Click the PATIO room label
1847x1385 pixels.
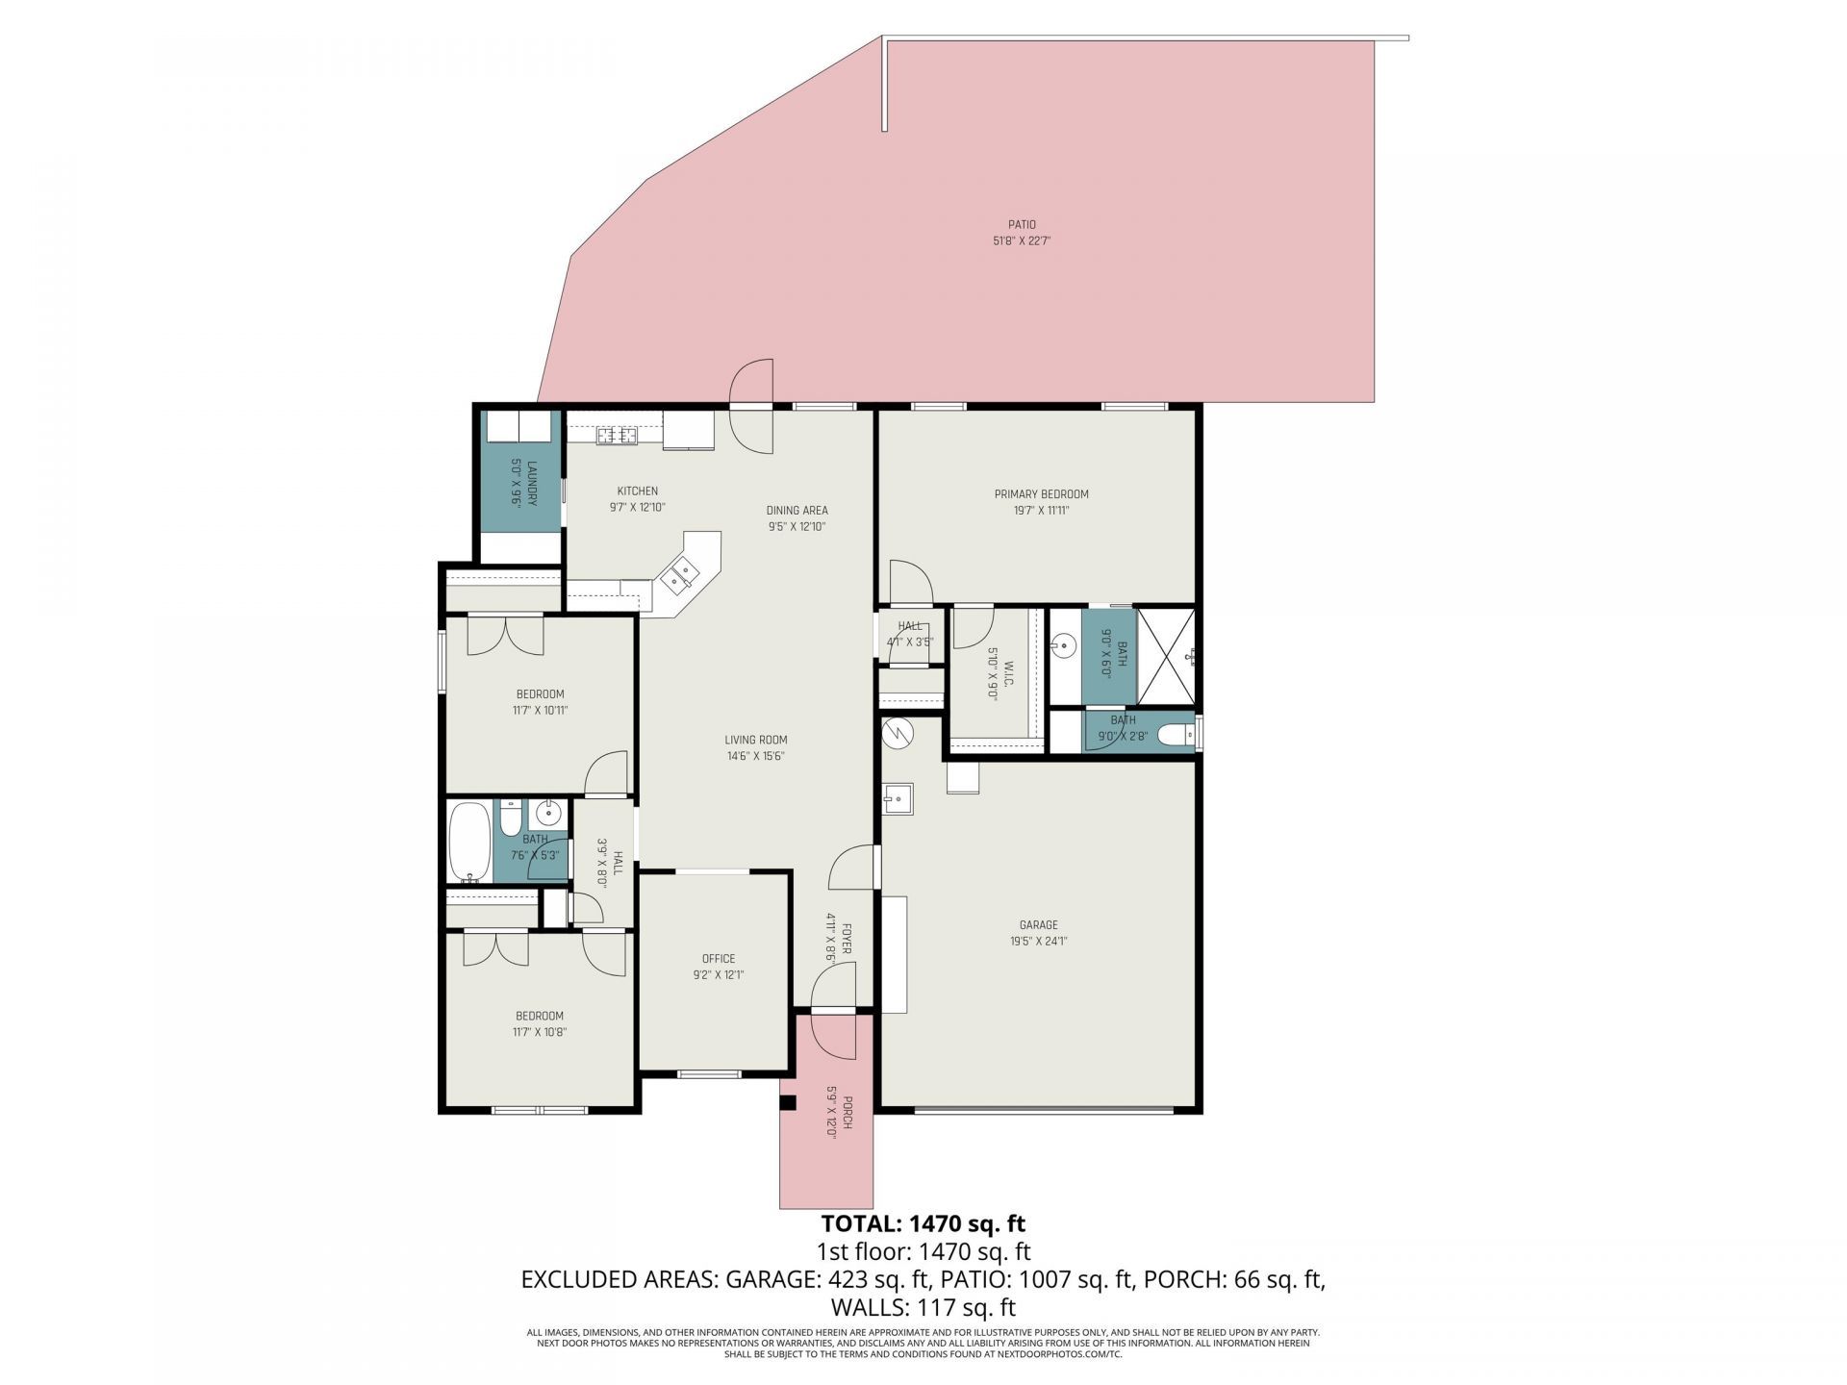pyautogui.click(x=1022, y=225)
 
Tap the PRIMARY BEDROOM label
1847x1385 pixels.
pyautogui.click(x=1041, y=494)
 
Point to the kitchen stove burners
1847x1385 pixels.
pyautogui.click(x=617, y=436)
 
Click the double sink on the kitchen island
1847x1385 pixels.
pyautogui.click(x=682, y=576)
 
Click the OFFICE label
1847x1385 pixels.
pyautogui.click(x=718, y=959)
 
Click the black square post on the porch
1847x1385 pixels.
pyautogui.click(x=788, y=1103)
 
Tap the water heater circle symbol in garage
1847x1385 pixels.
pyautogui.click(x=897, y=734)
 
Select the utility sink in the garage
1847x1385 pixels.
pyautogui.click(x=898, y=798)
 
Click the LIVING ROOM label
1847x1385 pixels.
pyautogui.click(x=756, y=740)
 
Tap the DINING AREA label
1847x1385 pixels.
pyautogui.click(x=797, y=511)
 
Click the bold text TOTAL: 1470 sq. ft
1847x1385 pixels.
pyautogui.click(x=923, y=1223)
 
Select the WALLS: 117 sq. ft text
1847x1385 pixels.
pyautogui.click(x=923, y=1308)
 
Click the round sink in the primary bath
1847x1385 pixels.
pyautogui.click(x=1063, y=644)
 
